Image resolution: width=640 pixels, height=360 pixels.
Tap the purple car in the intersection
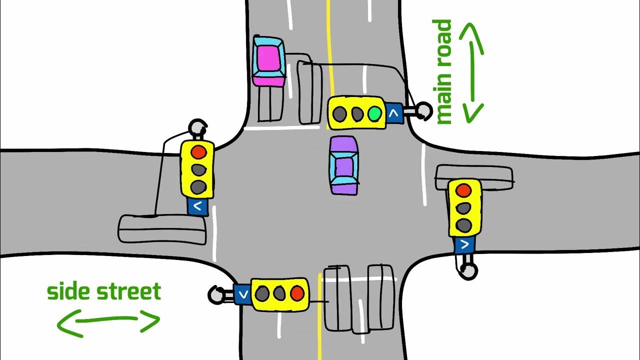click(x=344, y=165)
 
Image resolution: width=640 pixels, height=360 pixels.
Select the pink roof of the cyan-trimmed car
click(x=268, y=58)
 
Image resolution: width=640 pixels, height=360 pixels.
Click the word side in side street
click(x=69, y=291)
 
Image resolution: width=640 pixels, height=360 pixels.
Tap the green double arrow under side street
click(x=108, y=320)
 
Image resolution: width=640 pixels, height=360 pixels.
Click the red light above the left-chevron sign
click(x=198, y=151)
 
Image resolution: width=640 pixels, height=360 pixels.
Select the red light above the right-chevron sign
click(x=463, y=190)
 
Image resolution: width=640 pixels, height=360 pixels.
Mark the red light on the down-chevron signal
click(x=298, y=293)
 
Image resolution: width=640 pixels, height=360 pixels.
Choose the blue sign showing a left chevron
click(x=198, y=205)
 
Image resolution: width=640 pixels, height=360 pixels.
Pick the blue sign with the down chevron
click(x=242, y=294)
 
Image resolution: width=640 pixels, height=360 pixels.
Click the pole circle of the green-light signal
click(x=424, y=110)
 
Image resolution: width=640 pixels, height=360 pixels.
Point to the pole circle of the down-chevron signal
click(x=215, y=294)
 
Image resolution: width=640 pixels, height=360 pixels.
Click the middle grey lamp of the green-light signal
click(x=357, y=114)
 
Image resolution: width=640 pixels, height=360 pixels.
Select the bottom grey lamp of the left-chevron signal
click(x=198, y=187)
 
